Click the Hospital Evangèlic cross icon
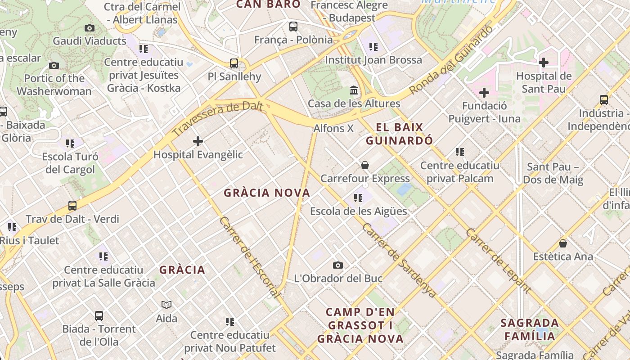(x=198, y=142)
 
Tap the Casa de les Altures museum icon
(x=354, y=90)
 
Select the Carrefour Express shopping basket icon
(x=365, y=166)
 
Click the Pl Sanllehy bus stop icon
(x=234, y=63)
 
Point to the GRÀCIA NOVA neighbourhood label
(x=267, y=193)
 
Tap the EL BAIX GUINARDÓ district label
(x=399, y=134)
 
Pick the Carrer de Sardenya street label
(x=399, y=260)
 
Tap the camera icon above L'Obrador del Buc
(x=338, y=265)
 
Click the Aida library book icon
(x=166, y=305)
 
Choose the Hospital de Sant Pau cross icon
(x=544, y=63)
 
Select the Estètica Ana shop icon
(x=562, y=244)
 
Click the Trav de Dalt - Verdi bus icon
(x=72, y=206)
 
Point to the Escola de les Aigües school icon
(x=358, y=198)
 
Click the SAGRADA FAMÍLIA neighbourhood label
(x=530, y=329)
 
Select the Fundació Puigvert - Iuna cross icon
(x=484, y=93)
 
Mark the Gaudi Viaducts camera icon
(x=90, y=28)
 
